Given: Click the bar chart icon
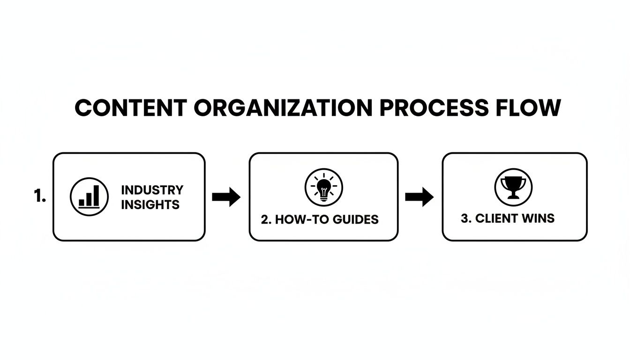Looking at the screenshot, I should point(89,197).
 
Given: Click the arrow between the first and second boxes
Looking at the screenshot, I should point(226,197).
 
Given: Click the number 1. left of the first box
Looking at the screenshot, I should point(40,197).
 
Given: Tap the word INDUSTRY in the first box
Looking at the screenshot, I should point(152,190).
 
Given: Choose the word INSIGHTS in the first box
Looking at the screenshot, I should point(150,205).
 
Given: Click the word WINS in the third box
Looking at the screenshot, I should point(538,218).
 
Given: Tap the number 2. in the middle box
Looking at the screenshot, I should point(266,219).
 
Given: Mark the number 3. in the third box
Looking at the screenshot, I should point(466,218).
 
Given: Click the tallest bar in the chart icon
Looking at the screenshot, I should point(96,195).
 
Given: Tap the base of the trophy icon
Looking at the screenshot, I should point(513,197).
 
